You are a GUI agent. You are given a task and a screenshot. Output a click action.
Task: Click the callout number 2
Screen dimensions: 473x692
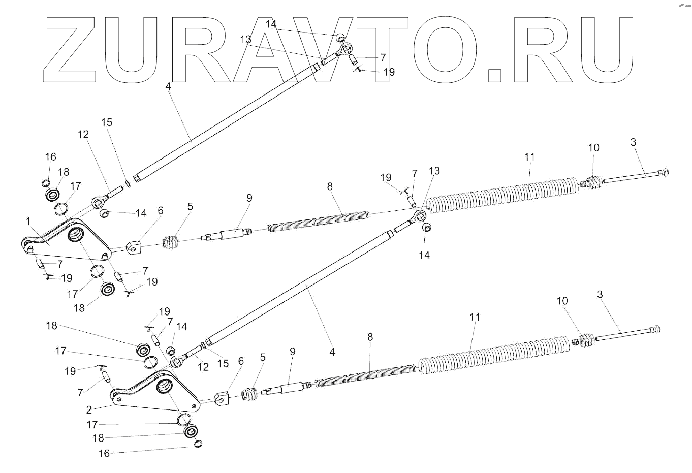[x=89, y=409]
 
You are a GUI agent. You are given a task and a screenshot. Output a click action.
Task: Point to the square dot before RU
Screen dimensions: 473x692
[x=494, y=74]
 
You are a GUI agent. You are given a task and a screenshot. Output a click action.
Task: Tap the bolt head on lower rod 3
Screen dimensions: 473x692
[x=656, y=329]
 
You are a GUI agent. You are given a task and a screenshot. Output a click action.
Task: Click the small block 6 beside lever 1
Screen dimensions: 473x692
[x=133, y=247]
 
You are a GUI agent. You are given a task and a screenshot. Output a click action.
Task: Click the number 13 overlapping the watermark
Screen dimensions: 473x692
[x=245, y=39]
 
